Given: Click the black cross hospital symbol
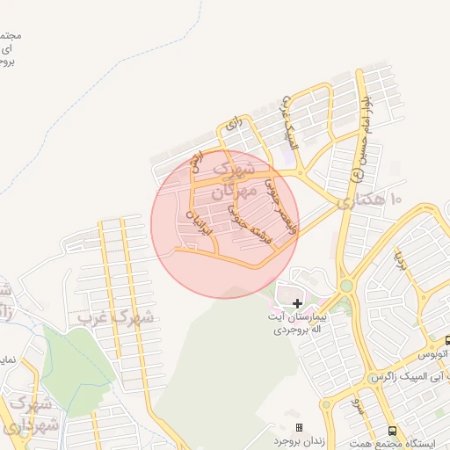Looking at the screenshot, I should point(296,302).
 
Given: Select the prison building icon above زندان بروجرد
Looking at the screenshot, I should point(298,426).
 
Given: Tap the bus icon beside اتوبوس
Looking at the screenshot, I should point(447,340).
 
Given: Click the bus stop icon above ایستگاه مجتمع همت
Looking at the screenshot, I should point(392,431).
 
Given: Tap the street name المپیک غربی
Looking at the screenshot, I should point(289,123).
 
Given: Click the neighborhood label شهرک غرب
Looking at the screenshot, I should point(114,316).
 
